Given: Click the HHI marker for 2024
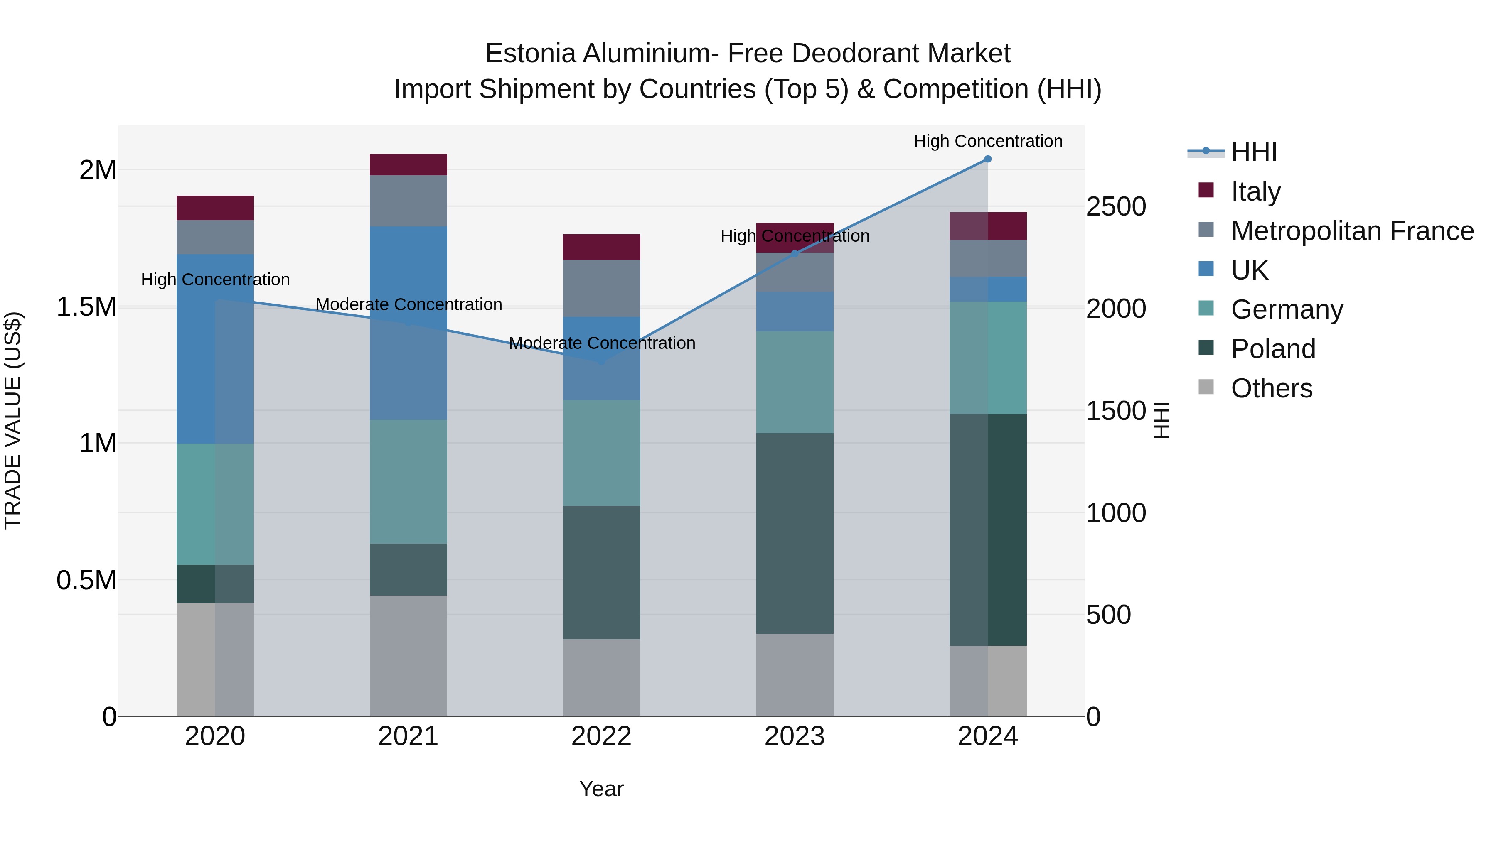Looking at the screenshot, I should click(987, 159).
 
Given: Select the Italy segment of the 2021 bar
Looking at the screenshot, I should click(408, 165).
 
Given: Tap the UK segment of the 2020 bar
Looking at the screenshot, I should click(215, 348).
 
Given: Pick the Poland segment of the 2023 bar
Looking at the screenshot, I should click(795, 533).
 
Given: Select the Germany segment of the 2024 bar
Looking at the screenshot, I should click(987, 358).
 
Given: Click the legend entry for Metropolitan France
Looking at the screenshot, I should click(1352, 231).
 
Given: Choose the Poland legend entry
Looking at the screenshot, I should click(1273, 349).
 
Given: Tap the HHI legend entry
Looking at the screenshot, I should click(1253, 152).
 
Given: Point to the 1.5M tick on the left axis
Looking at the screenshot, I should click(86, 306).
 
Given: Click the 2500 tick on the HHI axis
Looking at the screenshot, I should click(1116, 207).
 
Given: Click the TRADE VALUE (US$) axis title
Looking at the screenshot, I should click(13, 420).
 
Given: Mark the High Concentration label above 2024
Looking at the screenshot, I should click(987, 141).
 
